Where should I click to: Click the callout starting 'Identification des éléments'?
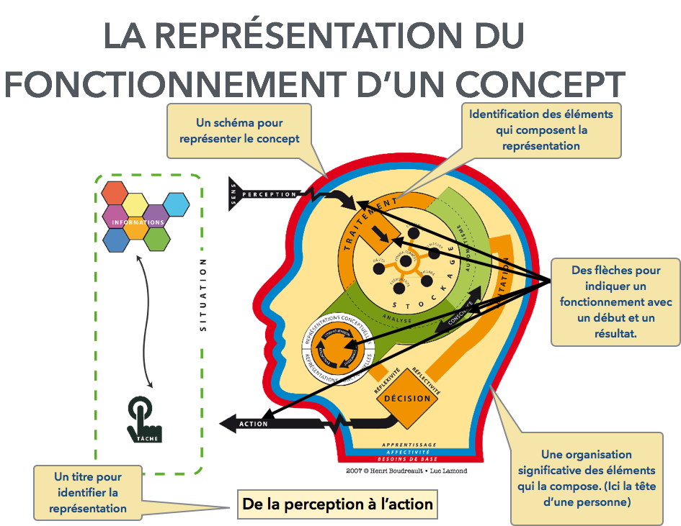[540, 130]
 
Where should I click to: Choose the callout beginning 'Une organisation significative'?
[586, 479]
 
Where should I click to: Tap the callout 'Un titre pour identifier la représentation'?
[88, 493]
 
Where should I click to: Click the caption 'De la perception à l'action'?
[338, 504]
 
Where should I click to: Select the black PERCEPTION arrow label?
[269, 194]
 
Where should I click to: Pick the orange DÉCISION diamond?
[407, 399]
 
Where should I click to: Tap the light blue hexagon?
[176, 205]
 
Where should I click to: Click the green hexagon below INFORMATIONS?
[156, 239]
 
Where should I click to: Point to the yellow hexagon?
[135, 204]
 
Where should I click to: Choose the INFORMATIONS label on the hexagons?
[138, 222]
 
